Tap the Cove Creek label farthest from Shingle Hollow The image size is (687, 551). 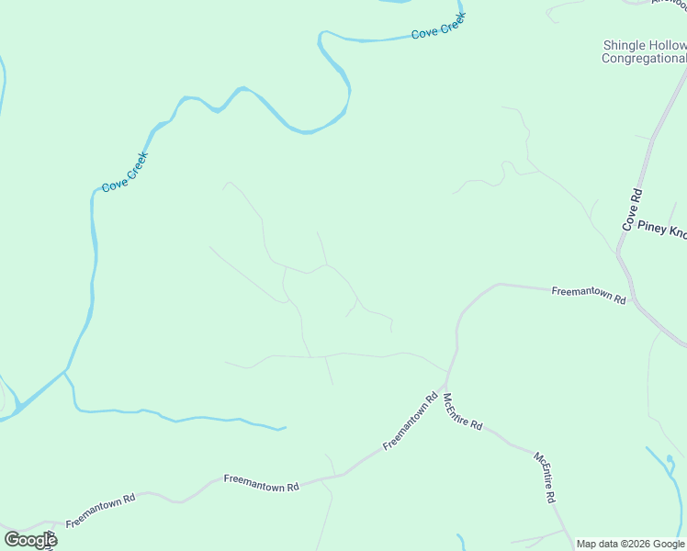click(x=125, y=172)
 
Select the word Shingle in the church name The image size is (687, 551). click(x=625, y=45)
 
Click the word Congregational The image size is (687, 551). click(x=644, y=59)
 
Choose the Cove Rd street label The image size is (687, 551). click(x=632, y=209)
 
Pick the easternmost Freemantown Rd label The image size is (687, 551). click(x=589, y=295)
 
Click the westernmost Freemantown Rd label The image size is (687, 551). click(x=100, y=511)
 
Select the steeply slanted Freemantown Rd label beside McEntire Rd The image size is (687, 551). click(x=411, y=422)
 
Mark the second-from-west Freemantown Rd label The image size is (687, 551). click(x=262, y=482)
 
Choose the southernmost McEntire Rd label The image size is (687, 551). click(x=546, y=476)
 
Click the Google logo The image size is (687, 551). click(x=30, y=540)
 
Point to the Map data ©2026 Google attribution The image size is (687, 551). click(x=631, y=544)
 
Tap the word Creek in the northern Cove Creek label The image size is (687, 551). click(x=454, y=26)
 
